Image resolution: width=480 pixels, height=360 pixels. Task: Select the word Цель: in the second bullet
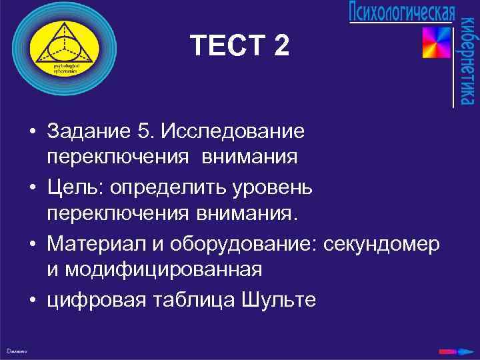(x=72, y=187)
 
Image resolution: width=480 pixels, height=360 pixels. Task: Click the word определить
(x=155, y=187)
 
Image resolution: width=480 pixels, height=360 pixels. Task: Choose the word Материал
(x=94, y=244)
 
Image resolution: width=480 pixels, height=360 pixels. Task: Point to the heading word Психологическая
(x=402, y=13)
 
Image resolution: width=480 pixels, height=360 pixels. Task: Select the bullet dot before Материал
(x=32, y=245)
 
